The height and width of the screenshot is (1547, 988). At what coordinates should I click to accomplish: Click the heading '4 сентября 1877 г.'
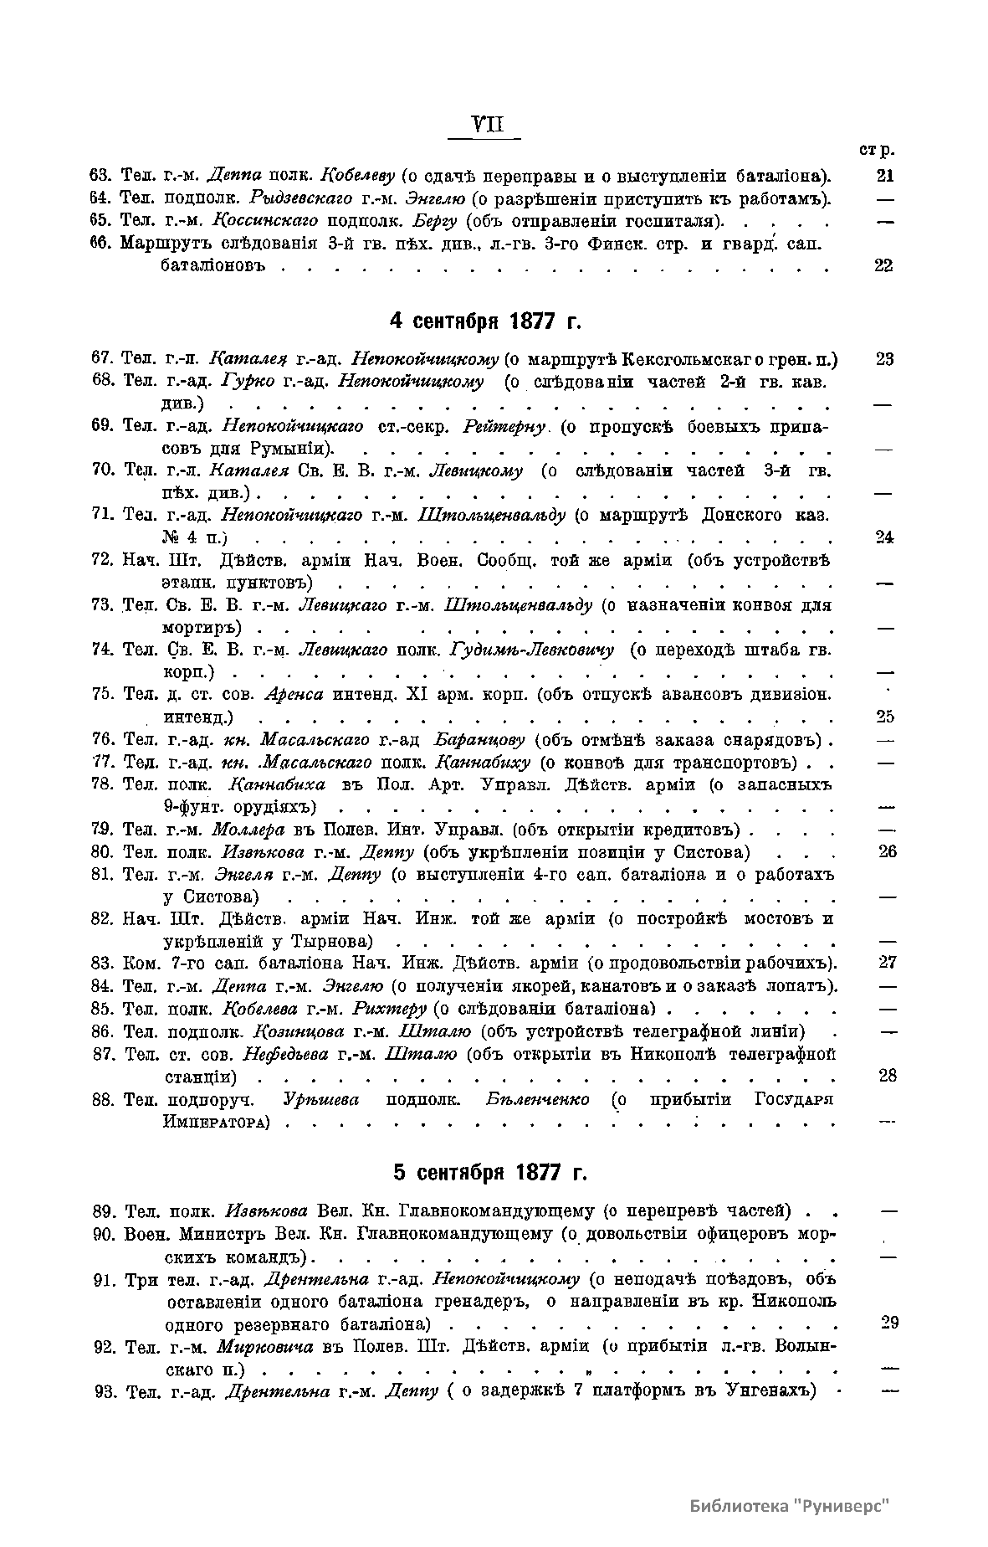(x=485, y=322)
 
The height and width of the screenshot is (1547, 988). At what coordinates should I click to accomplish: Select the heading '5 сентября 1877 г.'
(x=490, y=1172)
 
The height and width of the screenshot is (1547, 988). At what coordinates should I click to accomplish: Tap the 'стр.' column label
(x=876, y=151)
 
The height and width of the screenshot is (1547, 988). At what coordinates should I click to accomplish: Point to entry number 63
(x=101, y=176)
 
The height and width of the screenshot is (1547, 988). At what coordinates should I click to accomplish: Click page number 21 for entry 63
(x=884, y=176)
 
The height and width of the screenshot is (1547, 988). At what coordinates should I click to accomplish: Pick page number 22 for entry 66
(x=883, y=265)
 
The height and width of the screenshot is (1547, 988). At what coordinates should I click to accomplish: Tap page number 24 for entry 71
(x=884, y=537)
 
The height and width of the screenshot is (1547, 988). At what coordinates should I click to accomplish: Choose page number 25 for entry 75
(x=884, y=716)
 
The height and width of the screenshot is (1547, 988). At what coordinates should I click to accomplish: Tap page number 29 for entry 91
(x=889, y=1322)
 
